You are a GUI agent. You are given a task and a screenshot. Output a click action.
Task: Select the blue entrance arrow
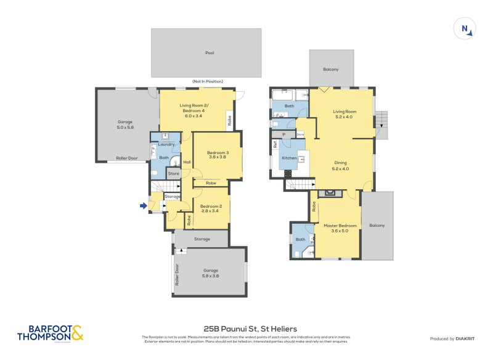pos(144,206)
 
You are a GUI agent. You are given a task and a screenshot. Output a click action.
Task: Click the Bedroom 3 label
pos(218,155)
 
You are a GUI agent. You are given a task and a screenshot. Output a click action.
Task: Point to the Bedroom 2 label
pos(211,208)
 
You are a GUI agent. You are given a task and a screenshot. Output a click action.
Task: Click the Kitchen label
pos(290,158)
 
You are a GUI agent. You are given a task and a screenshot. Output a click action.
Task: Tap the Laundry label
pos(166,144)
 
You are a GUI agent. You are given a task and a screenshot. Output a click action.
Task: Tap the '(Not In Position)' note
pos(208,81)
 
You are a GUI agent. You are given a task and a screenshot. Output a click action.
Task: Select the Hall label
pos(186,162)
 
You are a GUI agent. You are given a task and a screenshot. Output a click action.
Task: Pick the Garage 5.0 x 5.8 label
pos(125,125)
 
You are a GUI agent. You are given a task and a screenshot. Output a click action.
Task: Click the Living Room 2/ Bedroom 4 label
pos(194,108)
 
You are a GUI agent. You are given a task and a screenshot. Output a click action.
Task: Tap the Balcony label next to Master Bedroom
pos(377,225)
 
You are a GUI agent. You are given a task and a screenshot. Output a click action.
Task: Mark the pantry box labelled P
pos(283,134)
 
